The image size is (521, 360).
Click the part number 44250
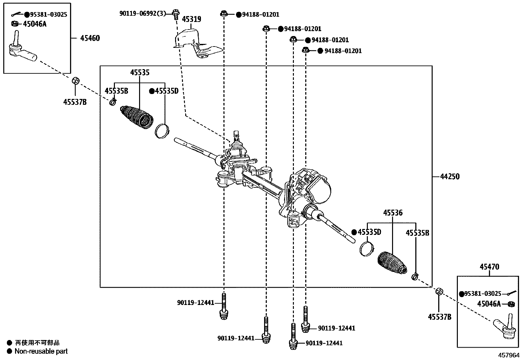coord(450,177)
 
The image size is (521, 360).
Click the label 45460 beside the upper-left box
coord(90,38)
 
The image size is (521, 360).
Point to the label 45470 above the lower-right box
coord(489,267)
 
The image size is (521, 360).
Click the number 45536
coord(393,213)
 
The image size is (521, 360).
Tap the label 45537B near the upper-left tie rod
coord(75,102)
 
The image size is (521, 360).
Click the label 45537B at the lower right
coord(440,317)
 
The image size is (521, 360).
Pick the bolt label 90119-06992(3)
coord(143,13)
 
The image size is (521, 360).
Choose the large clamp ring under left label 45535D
coord(162,131)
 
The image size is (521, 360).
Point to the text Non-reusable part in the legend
coord(41,351)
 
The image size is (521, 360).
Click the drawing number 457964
coord(509,355)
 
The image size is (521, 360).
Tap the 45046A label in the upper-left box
coord(34,24)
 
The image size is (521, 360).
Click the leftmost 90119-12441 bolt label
coord(195,303)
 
